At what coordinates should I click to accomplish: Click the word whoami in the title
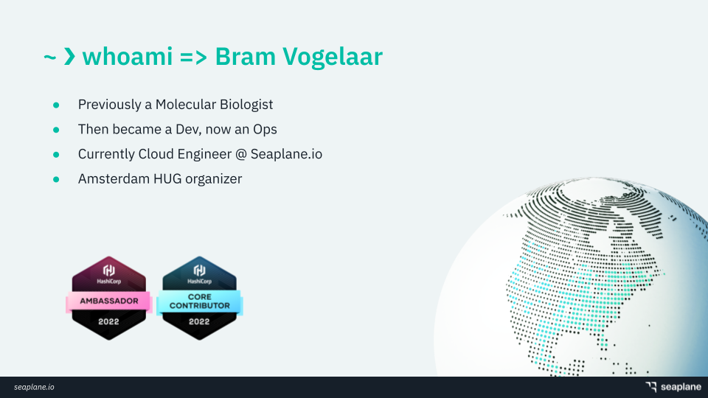(128, 57)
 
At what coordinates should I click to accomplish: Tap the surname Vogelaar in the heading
(333, 57)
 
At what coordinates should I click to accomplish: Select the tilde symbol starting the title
(49, 57)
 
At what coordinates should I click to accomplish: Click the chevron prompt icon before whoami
(69, 57)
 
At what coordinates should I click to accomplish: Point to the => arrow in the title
(193, 57)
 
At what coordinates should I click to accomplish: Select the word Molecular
(185, 104)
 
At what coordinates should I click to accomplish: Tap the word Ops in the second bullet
(265, 130)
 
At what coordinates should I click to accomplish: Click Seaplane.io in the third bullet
(286, 154)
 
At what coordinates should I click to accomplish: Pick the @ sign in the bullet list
(240, 154)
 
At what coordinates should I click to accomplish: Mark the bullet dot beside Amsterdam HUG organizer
(56, 179)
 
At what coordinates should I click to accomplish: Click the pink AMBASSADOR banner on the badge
(109, 301)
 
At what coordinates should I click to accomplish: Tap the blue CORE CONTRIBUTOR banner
(200, 301)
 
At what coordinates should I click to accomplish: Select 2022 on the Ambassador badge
(109, 322)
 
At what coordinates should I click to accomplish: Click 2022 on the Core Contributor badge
(199, 322)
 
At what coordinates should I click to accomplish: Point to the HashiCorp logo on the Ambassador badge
(109, 274)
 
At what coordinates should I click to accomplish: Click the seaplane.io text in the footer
(34, 387)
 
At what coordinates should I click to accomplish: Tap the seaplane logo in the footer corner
(673, 387)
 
